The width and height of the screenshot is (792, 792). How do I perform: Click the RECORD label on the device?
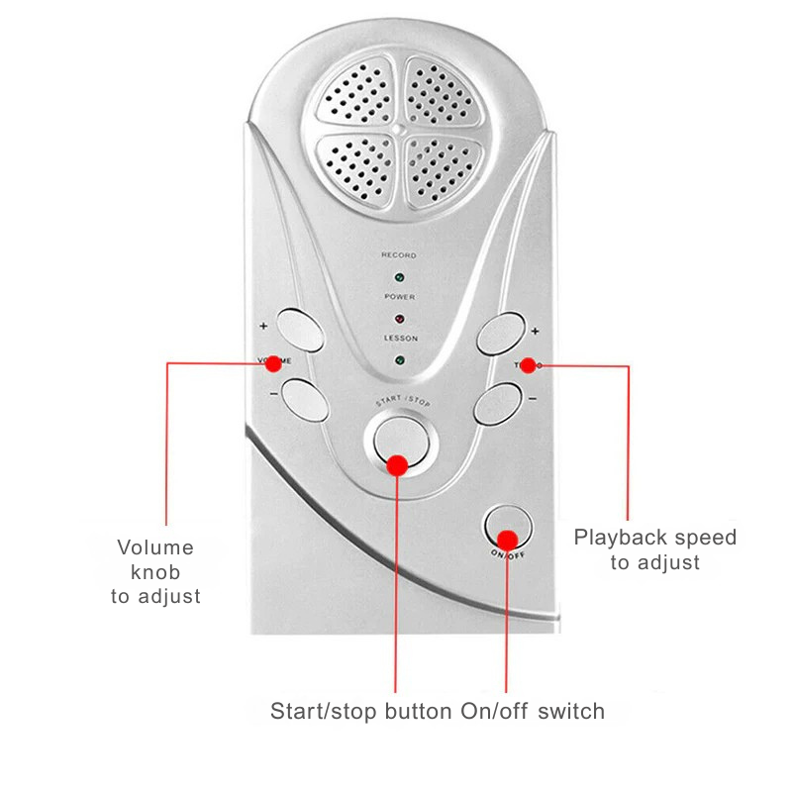(x=399, y=255)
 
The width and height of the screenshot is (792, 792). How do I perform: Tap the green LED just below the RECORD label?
(x=399, y=278)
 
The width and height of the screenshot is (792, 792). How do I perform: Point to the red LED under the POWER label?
(x=399, y=320)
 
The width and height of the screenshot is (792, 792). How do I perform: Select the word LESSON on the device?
(x=399, y=339)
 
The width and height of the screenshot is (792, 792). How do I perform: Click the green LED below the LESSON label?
(x=399, y=361)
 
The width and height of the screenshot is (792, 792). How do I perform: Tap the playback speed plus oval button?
(x=500, y=334)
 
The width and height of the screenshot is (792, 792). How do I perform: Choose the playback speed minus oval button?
(x=497, y=402)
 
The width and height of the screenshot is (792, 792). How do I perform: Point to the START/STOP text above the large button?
(x=403, y=403)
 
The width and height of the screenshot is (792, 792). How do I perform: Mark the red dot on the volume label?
(x=272, y=363)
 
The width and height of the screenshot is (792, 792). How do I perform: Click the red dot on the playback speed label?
(x=528, y=365)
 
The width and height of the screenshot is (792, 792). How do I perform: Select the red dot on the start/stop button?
(x=398, y=464)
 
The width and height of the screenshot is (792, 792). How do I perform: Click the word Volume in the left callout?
(x=155, y=547)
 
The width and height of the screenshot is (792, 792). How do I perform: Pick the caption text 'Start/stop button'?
(x=362, y=711)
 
